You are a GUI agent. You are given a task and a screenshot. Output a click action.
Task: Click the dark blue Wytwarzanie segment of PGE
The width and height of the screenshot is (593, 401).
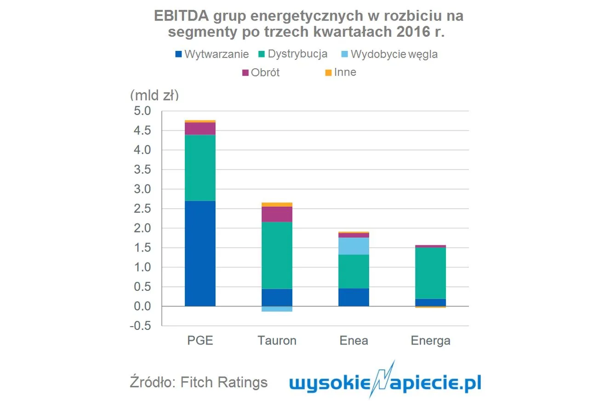point(200,253)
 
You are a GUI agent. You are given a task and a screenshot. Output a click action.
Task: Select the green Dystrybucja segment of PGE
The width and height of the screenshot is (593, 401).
point(200,167)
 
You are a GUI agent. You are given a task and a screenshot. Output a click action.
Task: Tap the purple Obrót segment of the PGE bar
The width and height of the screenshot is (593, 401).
point(200,128)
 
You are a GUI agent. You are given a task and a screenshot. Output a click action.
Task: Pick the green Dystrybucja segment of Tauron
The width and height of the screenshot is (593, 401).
point(277,255)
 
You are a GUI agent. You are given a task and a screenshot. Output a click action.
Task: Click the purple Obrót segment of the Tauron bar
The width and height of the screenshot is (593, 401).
point(277,214)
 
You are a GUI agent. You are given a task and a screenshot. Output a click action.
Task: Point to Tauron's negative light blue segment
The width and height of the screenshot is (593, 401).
point(277,309)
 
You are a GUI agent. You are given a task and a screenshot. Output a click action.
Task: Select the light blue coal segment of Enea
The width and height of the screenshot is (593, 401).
point(354,246)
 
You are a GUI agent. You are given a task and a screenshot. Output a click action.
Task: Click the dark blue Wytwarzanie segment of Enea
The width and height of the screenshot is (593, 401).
point(354,297)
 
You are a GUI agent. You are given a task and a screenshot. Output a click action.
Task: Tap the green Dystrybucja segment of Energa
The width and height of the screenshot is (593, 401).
point(430,273)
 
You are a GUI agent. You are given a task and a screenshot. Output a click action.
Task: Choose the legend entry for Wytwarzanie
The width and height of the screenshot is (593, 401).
point(212,54)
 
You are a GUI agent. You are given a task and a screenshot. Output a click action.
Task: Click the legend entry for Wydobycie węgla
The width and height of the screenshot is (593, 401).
point(389,54)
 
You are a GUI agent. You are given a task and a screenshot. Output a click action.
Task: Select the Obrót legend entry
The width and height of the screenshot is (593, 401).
point(261,72)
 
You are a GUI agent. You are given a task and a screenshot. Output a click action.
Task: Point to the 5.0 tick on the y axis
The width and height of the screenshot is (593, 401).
point(141,111)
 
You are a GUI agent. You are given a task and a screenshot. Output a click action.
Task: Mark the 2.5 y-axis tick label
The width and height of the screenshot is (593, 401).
point(141,209)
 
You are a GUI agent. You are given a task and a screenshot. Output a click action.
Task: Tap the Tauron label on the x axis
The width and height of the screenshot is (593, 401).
point(277,341)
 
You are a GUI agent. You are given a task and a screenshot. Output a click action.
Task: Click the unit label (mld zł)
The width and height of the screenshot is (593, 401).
point(154,95)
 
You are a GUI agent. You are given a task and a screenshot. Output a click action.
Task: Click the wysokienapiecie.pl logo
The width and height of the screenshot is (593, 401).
point(385,382)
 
